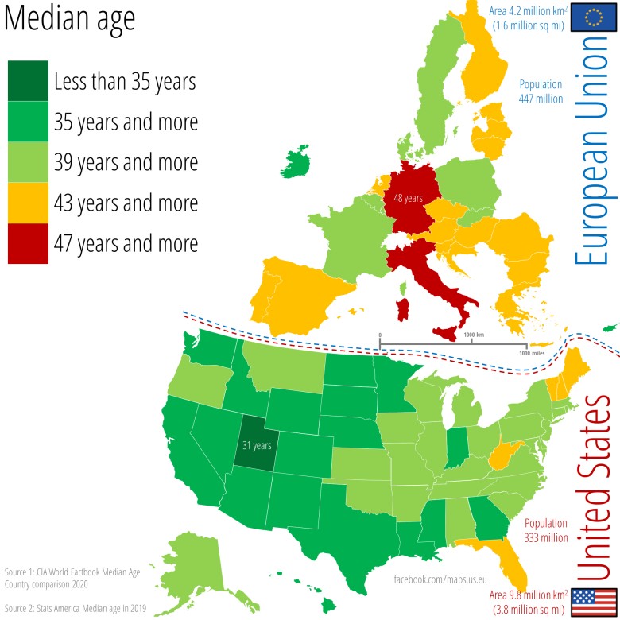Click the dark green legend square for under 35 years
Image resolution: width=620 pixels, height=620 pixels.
[x=28, y=81]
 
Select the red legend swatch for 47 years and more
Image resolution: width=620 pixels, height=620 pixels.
[x=28, y=242]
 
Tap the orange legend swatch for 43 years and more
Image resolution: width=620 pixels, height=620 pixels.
[x=28, y=202]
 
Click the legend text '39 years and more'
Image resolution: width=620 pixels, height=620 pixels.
[x=126, y=162]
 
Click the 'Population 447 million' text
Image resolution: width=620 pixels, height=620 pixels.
[x=541, y=91]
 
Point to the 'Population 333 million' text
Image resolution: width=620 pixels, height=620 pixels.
[x=545, y=530]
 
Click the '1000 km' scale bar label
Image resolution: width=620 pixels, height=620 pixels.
[x=475, y=335]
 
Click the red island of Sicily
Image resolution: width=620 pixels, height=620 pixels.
[x=444, y=328]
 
